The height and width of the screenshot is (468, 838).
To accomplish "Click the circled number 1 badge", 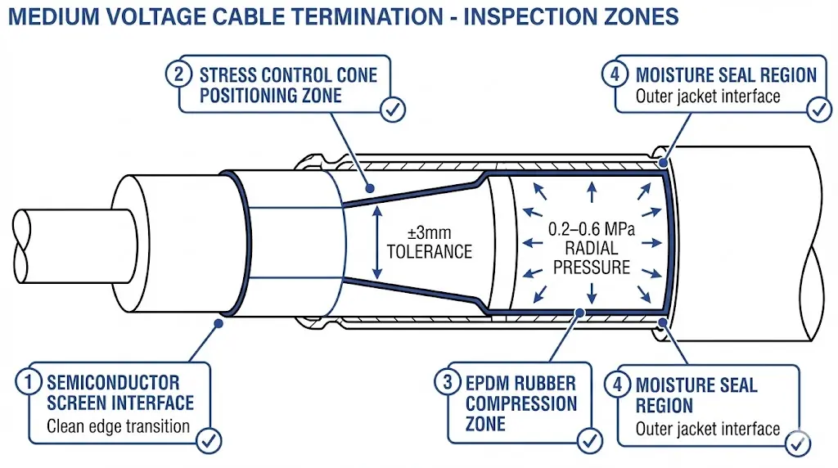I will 30,382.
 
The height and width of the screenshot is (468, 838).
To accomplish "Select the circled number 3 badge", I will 447,382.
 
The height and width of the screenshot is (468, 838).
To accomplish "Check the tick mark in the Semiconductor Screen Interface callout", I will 209,441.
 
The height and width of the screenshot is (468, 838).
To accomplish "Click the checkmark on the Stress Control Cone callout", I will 393,109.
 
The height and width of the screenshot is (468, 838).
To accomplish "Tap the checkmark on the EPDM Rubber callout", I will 589,441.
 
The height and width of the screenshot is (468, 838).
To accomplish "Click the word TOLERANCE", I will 430,251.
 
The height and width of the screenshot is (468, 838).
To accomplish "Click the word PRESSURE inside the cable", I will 592,268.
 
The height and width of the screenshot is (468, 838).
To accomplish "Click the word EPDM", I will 490,383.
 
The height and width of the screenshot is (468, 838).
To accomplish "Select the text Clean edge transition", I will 118,425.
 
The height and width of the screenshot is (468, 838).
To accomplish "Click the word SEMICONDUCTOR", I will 113,382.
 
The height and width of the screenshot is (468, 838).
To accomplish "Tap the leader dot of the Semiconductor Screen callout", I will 219,323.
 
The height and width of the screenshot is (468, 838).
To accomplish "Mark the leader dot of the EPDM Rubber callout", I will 580,312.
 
